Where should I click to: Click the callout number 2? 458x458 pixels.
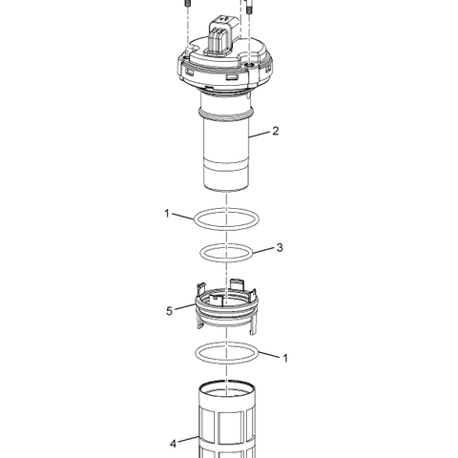click(x=276, y=131)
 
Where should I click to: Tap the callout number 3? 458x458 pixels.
click(x=280, y=247)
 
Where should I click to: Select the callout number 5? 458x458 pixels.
click(x=169, y=311)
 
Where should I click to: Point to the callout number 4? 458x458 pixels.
click(x=173, y=444)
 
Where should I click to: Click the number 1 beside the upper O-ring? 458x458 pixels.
click(x=167, y=214)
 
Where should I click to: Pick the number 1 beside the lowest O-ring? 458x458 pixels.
click(x=285, y=358)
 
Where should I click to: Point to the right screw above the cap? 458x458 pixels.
click(x=250, y=7)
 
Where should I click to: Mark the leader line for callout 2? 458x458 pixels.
click(x=260, y=135)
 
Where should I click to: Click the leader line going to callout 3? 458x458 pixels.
click(x=264, y=251)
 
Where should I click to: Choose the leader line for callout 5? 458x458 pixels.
click(x=185, y=307)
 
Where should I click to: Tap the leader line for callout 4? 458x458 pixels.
click(x=189, y=439)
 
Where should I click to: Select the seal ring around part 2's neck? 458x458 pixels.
click(x=226, y=114)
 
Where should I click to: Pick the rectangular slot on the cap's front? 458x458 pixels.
click(x=231, y=77)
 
